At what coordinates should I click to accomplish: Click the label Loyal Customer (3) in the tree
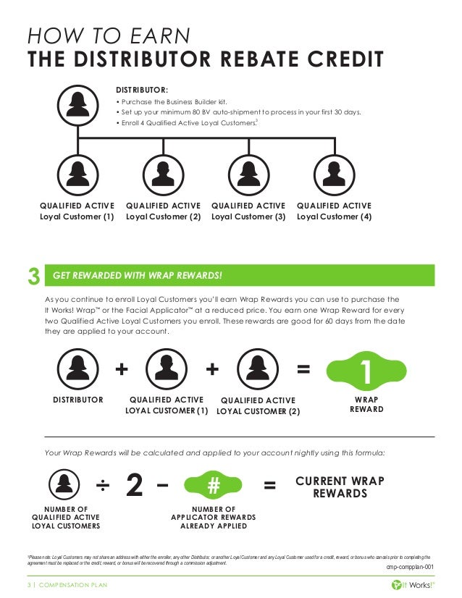pyautogui.click(x=248, y=216)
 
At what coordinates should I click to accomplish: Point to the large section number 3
pyautogui.click(x=33, y=276)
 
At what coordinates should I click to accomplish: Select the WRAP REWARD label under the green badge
pyautogui.click(x=366, y=404)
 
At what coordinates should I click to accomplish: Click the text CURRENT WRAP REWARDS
pyautogui.click(x=340, y=487)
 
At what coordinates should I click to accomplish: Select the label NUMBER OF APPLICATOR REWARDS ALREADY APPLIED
pyautogui.click(x=214, y=518)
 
